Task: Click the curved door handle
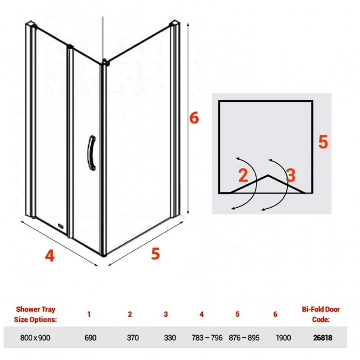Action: pos(91,153)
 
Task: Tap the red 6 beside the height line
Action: pos(194,118)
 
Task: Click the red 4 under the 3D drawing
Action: pos(50,255)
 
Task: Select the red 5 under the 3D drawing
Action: pos(156,254)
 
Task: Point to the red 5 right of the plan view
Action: pos(323,142)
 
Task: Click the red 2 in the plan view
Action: pos(243,175)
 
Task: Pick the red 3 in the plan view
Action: pos(291,175)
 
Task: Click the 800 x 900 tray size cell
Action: pos(35,338)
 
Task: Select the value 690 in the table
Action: pos(90,338)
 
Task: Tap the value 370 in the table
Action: pos(133,338)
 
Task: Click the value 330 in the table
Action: pos(170,338)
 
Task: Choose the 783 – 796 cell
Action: pos(207,338)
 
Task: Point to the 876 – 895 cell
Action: pos(244,338)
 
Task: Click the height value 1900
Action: pos(284,338)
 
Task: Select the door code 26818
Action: pos(322,338)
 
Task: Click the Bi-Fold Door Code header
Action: pos(321,315)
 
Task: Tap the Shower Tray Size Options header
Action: pos(35,315)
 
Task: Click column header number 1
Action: pos(89,314)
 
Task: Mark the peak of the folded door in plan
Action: pos(268,176)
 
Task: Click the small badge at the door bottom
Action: pos(61,226)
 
